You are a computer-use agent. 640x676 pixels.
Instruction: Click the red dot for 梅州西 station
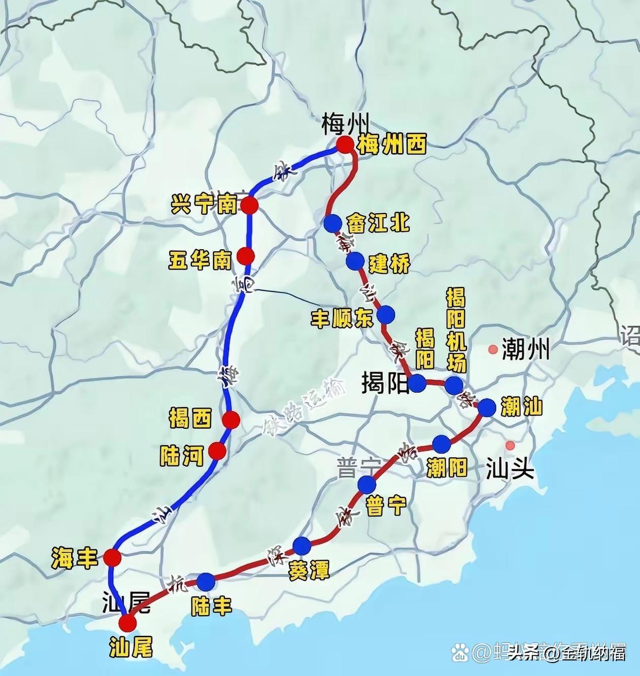345,146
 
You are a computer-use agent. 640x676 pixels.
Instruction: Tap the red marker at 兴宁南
250,205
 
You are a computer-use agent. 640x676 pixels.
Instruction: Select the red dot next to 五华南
246,256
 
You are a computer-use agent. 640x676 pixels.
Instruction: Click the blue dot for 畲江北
333,223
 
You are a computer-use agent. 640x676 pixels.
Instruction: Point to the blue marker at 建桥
355,262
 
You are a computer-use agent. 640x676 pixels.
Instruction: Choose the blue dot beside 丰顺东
386,314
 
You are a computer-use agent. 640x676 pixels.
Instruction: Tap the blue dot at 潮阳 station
442,444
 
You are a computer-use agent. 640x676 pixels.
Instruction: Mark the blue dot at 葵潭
302,545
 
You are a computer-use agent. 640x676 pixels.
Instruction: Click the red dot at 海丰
112,557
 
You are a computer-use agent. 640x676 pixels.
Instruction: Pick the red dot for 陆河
217,452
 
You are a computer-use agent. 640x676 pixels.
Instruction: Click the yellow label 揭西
190,419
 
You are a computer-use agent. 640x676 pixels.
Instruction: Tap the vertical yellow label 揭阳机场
456,331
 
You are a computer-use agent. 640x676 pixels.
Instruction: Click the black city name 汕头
510,470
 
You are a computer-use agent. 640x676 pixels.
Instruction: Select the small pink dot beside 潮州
493,350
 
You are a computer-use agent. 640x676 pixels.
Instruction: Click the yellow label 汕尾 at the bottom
131,648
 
